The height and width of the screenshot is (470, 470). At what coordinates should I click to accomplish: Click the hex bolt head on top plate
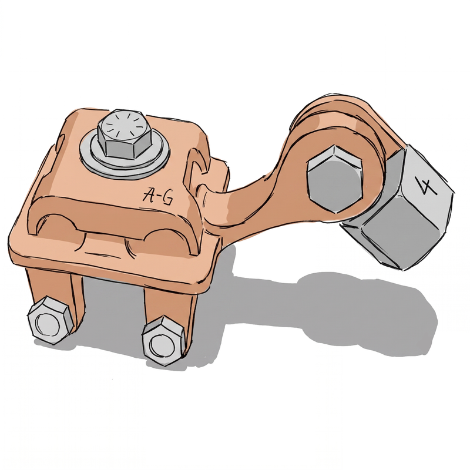tap(124, 136)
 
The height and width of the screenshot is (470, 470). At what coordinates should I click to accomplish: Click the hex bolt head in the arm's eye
tap(334, 179)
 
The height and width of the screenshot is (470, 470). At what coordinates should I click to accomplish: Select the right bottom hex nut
tap(163, 340)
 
